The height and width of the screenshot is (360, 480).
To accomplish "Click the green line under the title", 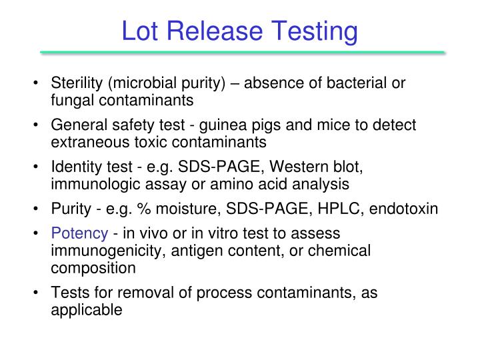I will point(242,52).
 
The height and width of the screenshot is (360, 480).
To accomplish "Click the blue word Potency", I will point(79,234).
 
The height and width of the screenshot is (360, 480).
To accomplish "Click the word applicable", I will point(87,309).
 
